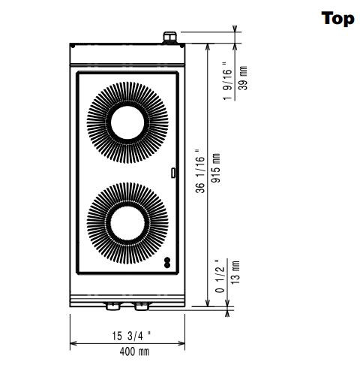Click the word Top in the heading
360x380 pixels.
(x=337, y=18)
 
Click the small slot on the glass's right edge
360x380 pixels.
(x=174, y=173)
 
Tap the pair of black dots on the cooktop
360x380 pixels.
(x=167, y=262)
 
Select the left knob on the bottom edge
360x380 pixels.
(x=113, y=306)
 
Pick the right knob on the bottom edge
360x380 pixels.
(x=140, y=306)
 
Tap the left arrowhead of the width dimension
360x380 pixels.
(x=73, y=344)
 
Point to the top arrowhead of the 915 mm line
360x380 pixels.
(x=208, y=45)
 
